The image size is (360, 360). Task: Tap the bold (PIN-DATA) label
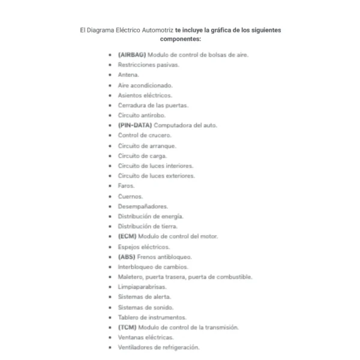134,125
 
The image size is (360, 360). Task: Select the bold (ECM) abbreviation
128,236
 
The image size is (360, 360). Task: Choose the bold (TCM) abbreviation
127,327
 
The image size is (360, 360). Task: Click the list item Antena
128,75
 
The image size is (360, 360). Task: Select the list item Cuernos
130,196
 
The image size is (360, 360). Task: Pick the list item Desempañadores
142,206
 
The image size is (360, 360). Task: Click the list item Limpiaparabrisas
142,287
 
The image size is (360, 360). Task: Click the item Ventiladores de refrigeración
158,347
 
